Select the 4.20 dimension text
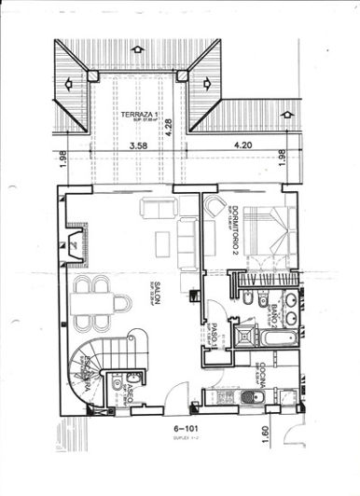pos(242,145)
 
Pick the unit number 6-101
pos(188,431)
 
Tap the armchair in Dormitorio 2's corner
pos(215,206)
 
